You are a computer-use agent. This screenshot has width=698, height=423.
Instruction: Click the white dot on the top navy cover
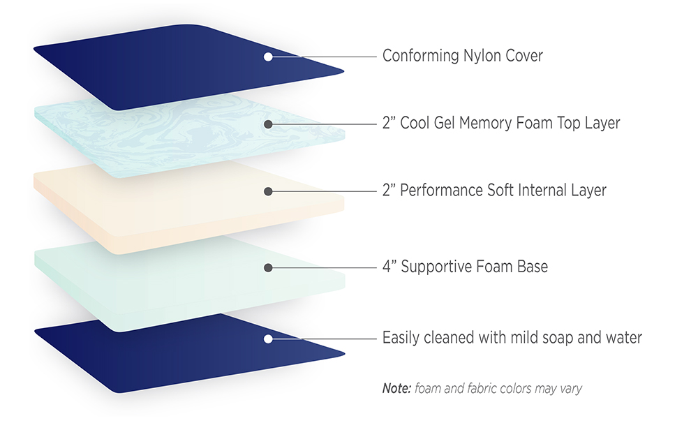pos(268,57)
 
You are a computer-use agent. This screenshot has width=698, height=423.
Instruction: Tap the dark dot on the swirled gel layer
pos(268,124)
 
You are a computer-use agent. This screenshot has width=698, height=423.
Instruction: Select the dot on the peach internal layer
pos(268,191)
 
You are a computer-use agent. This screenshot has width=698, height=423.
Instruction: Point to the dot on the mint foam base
pos(268,267)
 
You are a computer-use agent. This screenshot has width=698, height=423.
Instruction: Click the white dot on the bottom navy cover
pos(268,339)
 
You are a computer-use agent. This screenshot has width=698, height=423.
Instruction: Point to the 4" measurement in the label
pos(389,266)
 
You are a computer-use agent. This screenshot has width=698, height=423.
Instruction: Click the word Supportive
pos(436,267)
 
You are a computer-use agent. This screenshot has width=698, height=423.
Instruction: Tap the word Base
pos(533,266)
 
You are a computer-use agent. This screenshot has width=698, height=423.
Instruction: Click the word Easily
pos(401,339)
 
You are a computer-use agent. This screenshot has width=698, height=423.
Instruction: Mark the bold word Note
pos(396,388)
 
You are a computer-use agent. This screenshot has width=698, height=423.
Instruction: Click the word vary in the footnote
pos(571,389)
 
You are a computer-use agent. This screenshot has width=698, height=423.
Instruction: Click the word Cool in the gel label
pos(415,123)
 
